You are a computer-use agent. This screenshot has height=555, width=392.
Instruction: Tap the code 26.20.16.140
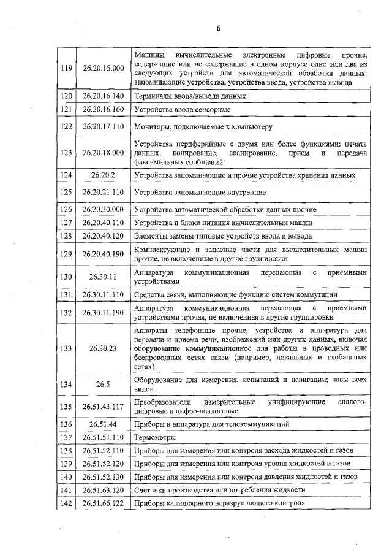pyautogui.click(x=100, y=96)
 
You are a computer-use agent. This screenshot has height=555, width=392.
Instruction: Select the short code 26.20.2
pyautogui.click(x=100, y=175)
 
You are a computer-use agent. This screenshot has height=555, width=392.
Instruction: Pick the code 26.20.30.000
pyautogui.click(x=100, y=209)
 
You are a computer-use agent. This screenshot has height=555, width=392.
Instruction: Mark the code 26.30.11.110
pyautogui.click(x=100, y=295)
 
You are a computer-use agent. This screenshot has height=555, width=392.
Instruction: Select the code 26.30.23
pyautogui.click(x=100, y=348)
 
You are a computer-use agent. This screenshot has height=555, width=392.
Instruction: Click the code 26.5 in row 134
pyautogui.click(x=100, y=384)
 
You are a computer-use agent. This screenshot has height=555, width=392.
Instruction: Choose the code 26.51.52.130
pyautogui.click(x=100, y=477)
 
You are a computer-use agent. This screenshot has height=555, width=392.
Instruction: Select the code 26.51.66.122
pyautogui.click(x=100, y=503)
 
